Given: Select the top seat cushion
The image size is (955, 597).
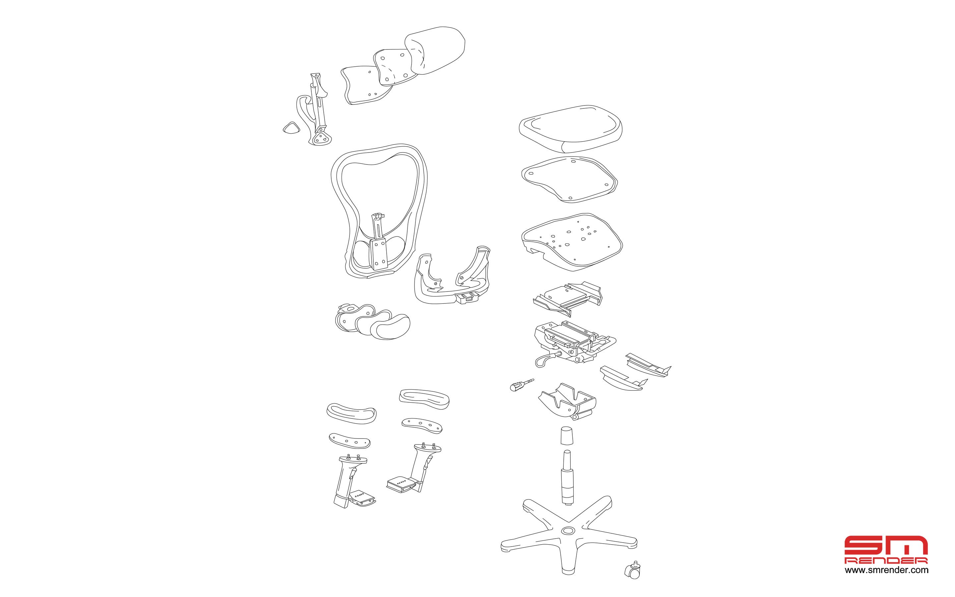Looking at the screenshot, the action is [571, 129].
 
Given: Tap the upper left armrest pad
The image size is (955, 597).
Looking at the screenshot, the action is [351, 413].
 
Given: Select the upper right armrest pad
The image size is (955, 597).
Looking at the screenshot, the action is [425, 399].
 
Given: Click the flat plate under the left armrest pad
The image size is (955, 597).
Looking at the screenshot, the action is [350, 440].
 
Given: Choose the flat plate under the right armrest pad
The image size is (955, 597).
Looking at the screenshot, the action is [422, 425].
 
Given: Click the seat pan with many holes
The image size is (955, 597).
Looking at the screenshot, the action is [571, 242].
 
